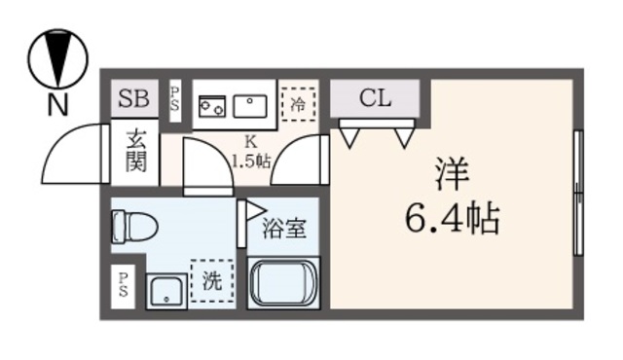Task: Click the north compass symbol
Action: [x=58, y=60]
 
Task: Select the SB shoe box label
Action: [x=133, y=98]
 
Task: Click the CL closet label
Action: [x=375, y=97]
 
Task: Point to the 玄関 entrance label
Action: [x=134, y=151]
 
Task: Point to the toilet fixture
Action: [x=130, y=227]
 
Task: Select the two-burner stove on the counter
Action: [x=210, y=104]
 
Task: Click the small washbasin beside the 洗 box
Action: [x=166, y=291]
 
